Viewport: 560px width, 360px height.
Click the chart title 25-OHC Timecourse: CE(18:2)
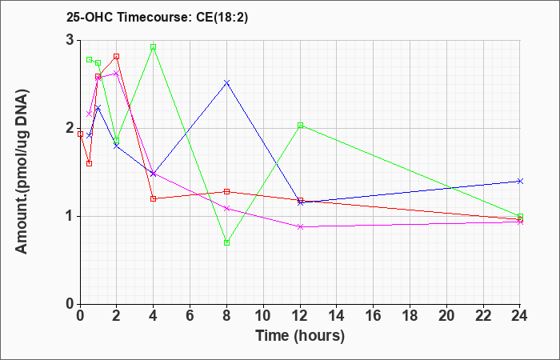pos(157,17)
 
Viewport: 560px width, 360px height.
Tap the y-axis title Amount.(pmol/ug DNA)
pos(22,171)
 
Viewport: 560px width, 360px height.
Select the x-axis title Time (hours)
pos(300,336)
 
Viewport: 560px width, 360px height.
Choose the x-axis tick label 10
pos(263,316)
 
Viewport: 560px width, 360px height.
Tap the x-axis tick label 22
pos(483,316)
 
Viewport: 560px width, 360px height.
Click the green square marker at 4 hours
pos(154,47)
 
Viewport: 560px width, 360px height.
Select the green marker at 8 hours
pos(226,243)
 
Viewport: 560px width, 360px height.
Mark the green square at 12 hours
pos(300,126)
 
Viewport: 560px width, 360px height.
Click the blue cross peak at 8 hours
pos(226,83)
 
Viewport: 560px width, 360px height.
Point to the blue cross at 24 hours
pos(520,181)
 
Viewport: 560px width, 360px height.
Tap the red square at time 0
pos(80,134)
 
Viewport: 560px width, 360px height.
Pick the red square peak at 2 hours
pos(117,57)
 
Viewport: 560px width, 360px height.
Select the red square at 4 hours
pos(154,199)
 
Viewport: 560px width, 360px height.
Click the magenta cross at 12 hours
pos(300,226)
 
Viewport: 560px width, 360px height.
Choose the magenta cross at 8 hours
pos(226,208)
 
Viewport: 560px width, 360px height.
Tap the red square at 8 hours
pos(226,191)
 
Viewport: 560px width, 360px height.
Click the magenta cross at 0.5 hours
pos(90,114)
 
